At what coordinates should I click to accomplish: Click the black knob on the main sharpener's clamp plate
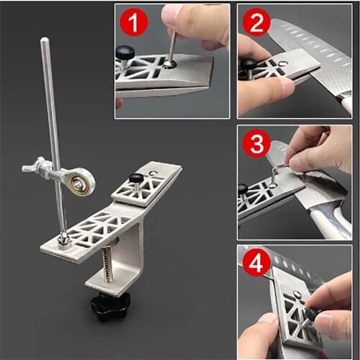coord(135,179)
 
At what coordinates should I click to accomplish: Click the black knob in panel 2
coord(249,66)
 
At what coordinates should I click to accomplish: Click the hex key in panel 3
coord(279,173)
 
